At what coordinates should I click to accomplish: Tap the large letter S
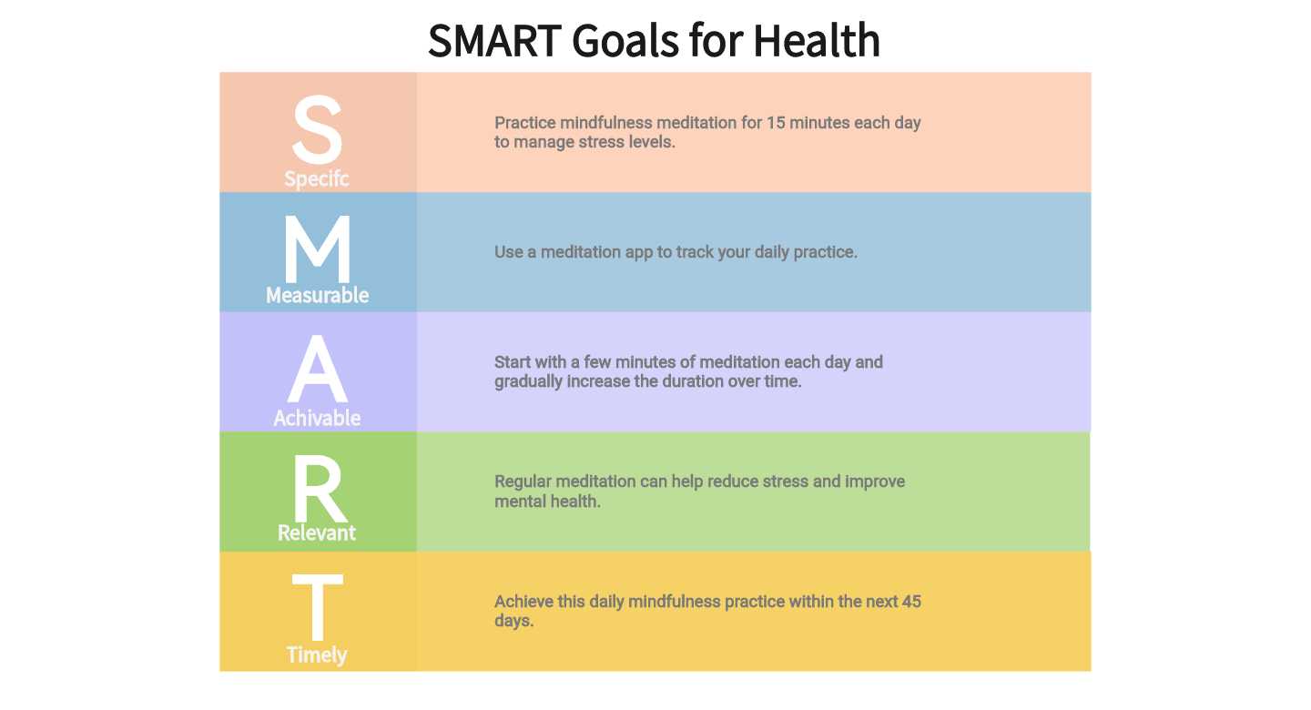(x=317, y=132)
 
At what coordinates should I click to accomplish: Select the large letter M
(x=317, y=250)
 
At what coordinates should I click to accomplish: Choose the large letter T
(x=317, y=608)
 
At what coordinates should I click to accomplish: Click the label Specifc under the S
(x=317, y=179)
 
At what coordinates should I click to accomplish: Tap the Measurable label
(x=317, y=296)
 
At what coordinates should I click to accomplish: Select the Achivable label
(x=317, y=418)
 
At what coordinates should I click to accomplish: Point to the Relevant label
(x=317, y=533)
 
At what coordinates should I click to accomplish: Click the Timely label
(x=317, y=655)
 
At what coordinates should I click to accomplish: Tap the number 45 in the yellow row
(x=911, y=602)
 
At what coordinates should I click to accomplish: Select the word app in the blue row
(x=638, y=252)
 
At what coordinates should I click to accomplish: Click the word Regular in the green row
(x=523, y=482)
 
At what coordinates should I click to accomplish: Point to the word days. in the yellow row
(x=513, y=622)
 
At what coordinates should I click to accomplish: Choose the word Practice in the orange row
(x=524, y=123)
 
